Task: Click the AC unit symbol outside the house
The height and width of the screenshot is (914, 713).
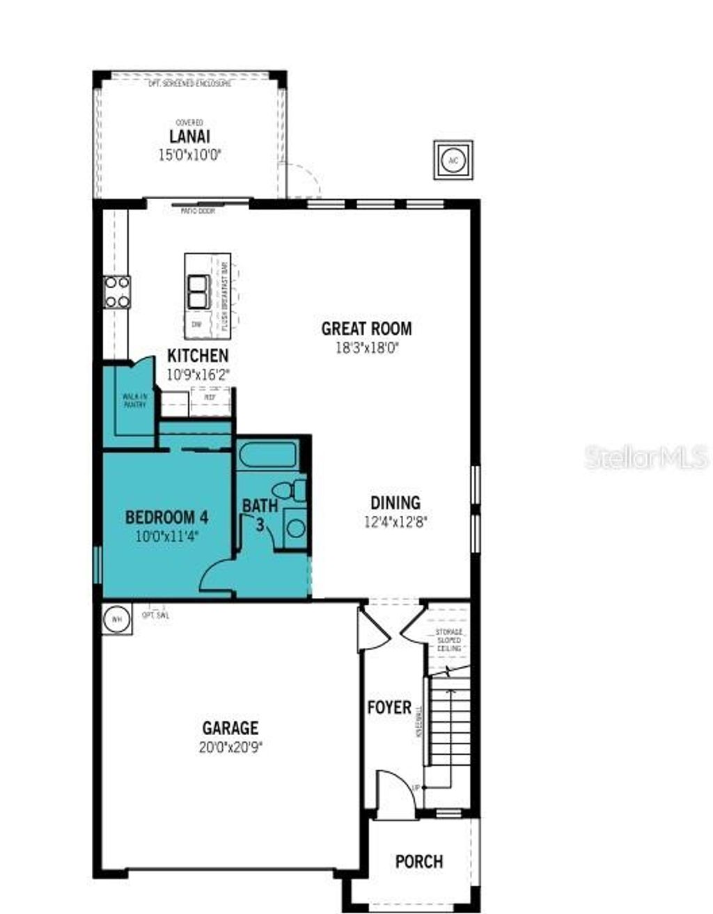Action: pyautogui.click(x=453, y=160)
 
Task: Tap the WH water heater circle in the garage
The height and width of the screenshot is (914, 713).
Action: pyautogui.click(x=117, y=619)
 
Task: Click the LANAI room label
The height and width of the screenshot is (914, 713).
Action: pyautogui.click(x=189, y=136)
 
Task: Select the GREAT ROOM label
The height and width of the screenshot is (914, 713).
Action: pyautogui.click(x=366, y=328)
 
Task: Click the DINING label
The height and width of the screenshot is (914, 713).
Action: pyautogui.click(x=395, y=502)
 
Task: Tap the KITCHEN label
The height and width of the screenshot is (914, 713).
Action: pyautogui.click(x=198, y=356)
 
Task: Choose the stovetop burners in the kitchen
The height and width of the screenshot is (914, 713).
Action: pyautogui.click(x=116, y=292)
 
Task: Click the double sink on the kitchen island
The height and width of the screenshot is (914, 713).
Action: pyautogui.click(x=198, y=292)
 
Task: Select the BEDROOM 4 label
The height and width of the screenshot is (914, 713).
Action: pyautogui.click(x=166, y=517)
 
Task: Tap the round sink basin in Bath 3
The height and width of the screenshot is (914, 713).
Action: pyautogui.click(x=296, y=527)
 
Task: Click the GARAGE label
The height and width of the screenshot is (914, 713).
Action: pyautogui.click(x=230, y=728)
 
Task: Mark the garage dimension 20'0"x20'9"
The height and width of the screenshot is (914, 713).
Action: pyautogui.click(x=230, y=747)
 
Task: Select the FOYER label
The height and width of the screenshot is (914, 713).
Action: pyautogui.click(x=389, y=707)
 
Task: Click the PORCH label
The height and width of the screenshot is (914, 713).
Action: pyautogui.click(x=419, y=862)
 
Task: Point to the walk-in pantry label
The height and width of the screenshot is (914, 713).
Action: pyautogui.click(x=134, y=400)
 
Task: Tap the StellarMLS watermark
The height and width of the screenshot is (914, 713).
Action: pyautogui.click(x=646, y=457)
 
